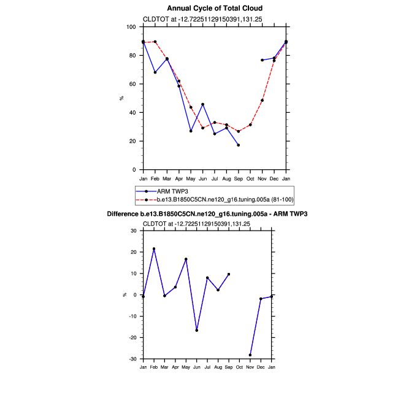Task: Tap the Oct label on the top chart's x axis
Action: click(250, 178)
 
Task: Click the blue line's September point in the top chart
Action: click(239, 145)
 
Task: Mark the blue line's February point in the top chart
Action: click(155, 72)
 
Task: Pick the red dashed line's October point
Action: click(250, 125)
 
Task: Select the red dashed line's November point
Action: click(262, 100)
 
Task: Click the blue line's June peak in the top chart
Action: click(202, 104)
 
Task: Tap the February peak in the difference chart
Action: click(154, 248)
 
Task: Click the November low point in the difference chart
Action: click(250, 355)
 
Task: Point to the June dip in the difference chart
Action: click(197, 330)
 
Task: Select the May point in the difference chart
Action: click(186, 259)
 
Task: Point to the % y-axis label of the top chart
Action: click(121, 98)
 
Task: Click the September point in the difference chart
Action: click(229, 274)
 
